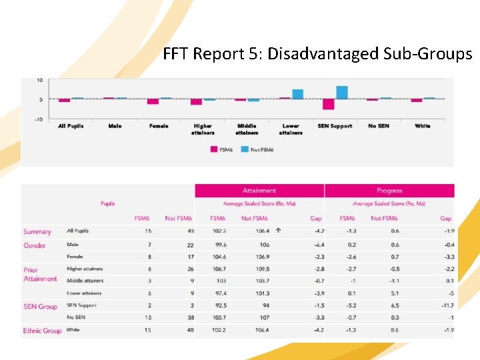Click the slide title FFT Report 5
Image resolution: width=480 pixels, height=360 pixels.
tap(317, 54)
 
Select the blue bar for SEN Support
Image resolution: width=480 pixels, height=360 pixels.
tap(342, 93)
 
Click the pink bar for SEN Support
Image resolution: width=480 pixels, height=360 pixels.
tap(328, 104)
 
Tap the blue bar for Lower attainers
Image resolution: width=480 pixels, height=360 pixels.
tap(297, 94)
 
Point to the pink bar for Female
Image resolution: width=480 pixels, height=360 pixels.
tap(153, 101)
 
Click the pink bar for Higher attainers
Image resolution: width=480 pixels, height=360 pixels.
tap(196, 102)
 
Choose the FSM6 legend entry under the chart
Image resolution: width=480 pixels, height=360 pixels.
tap(223, 149)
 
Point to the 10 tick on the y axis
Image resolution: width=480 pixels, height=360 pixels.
tap(39, 80)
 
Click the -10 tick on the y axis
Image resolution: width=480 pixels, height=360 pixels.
tap(39, 119)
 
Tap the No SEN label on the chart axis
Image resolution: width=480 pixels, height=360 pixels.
tap(378, 126)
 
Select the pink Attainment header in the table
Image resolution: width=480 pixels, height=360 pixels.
tap(259, 191)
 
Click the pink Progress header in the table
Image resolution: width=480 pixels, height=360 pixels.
tap(389, 191)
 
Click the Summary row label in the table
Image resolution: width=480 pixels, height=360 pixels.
tap(37, 232)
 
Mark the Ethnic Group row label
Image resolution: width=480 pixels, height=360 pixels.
tap(43, 331)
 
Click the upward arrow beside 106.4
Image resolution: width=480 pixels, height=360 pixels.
tap(278, 231)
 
